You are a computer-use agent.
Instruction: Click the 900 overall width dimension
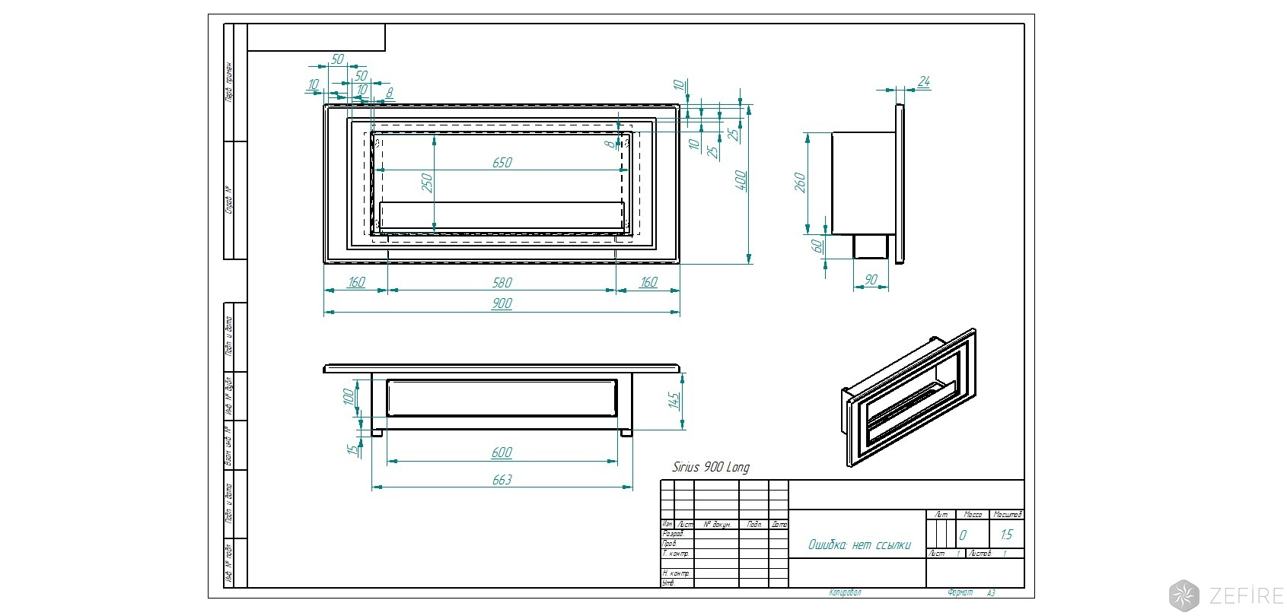pyautogui.click(x=502, y=304)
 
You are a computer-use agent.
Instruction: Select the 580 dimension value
pyautogui.click(x=502, y=283)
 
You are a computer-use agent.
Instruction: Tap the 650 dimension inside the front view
pyautogui.click(x=502, y=163)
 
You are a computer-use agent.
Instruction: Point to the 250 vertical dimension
pyautogui.click(x=427, y=183)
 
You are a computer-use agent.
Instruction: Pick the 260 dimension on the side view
pyautogui.click(x=800, y=183)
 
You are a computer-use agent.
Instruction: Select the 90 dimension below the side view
pyautogui.click(x=871, y=280)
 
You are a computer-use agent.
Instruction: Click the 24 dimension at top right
pyautogui.click(x=924, y=81)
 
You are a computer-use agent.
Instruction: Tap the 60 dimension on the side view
pyautogui.click(x=817, y=246)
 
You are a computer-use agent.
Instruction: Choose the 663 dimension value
pyautogui.click(x=502, y=480)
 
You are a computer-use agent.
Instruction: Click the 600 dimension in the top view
pyautogui.click(x=502, y=453)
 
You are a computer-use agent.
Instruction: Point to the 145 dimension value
pyautogui.click(x=674, y=401)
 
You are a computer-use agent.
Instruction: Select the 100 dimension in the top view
pyautogui.click(x=349, y=396)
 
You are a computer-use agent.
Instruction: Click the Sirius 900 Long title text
pyautogui.click(x=710, y=467)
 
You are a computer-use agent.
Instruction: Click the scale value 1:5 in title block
pyautogui.click(x=1007, y=535)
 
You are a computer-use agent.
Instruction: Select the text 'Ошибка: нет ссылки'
pyautogui.click(x=859, y=545)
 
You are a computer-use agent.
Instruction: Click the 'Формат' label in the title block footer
pyautogui.click(x=960, y=592)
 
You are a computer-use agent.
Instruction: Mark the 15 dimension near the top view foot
pyautogui.click(x=352, y=449)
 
